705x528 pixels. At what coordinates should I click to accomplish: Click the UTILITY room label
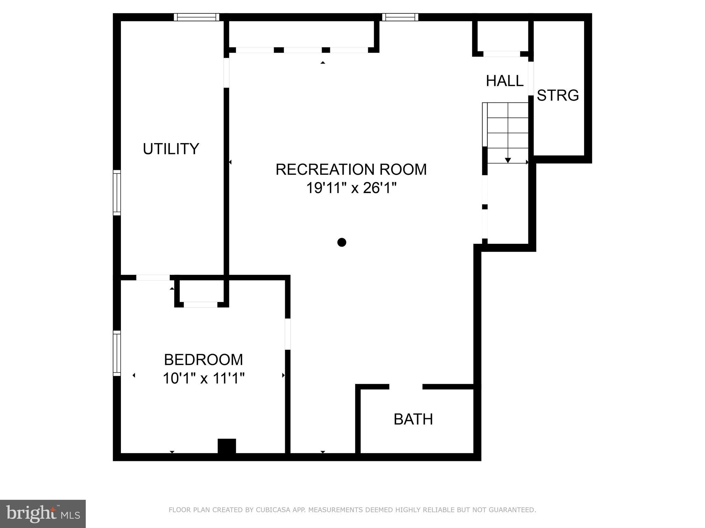[x=171, y=149]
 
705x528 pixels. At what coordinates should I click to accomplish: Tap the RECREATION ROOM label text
[x=351, y=170]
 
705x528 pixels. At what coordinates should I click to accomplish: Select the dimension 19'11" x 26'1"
[x=351, y=188]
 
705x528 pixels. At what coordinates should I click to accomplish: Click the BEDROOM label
[x=203, y=360]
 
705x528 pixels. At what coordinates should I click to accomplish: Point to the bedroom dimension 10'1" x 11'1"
[x=204, y=379]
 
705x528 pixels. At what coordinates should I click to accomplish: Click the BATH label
[x=413, y=419]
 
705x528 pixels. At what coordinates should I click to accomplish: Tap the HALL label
[x=505, y=81]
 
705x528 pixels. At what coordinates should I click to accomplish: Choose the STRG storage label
[x=558, y=95]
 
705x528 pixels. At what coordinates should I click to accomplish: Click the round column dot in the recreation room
[x=342, y=243]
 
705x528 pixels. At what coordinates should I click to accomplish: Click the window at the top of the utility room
[x=196, y=17]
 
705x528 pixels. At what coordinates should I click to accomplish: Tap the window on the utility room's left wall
[x=117, y=193]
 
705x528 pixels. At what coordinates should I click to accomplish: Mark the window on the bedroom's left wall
[x=117, y=353]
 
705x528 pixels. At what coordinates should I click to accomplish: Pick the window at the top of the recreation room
[x=400, y=17]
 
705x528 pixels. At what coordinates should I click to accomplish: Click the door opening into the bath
[x=406, y=387]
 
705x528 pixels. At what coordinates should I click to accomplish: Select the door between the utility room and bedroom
[x=153, y=278]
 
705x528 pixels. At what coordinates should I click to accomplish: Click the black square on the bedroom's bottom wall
[x=227, y=446]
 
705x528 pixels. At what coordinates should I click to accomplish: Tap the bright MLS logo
[x=43, y=514]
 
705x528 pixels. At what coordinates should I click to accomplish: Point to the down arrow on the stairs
[x=508, y=160]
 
